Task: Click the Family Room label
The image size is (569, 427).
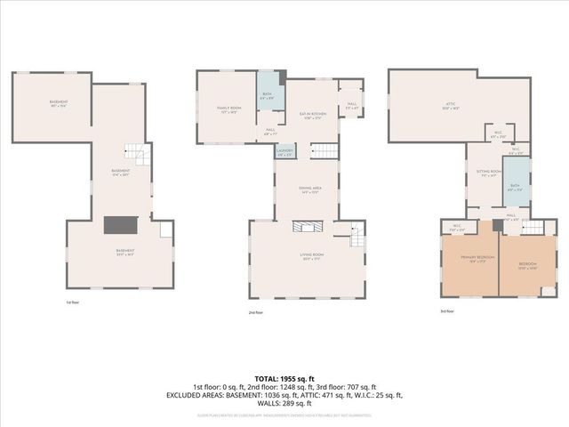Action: (x=229, y=109)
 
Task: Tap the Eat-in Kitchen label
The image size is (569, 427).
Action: (x=312, y=117)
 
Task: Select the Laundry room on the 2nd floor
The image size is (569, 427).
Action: (x=284, y=152)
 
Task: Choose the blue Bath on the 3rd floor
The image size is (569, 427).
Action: (x=514, y=188)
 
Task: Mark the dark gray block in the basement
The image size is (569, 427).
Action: (x=118, y=225)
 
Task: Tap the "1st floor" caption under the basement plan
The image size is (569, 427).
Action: (x=73, y=302)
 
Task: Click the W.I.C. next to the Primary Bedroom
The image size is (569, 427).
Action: (x=457, y=227)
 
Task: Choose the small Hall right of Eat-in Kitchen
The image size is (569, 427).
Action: (x=352, y=105)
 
